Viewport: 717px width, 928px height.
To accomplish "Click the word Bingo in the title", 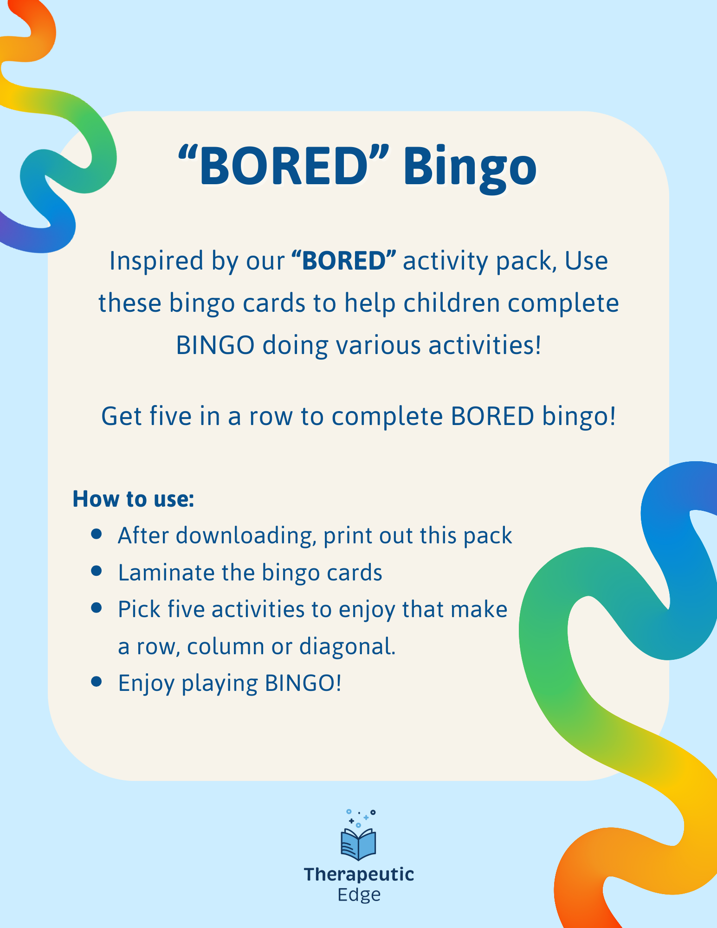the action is coord(470,166).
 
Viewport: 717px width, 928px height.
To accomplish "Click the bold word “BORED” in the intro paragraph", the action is coord(344,260).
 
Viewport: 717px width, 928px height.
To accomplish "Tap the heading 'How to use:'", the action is coord(133,499).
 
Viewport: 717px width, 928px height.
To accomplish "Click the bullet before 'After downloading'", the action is coord(97,534).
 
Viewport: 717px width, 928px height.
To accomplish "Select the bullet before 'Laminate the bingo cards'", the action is coord(97,571).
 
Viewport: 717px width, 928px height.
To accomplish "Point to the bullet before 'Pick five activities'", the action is coord(97,608).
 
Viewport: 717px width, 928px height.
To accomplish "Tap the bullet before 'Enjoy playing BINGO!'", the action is coord(97,681).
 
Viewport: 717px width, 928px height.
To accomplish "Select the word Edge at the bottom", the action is coord(359,895).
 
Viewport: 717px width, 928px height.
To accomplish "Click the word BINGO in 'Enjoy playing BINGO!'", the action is coord(303,683).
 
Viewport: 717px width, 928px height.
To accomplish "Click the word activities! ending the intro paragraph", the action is coord(484,346).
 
